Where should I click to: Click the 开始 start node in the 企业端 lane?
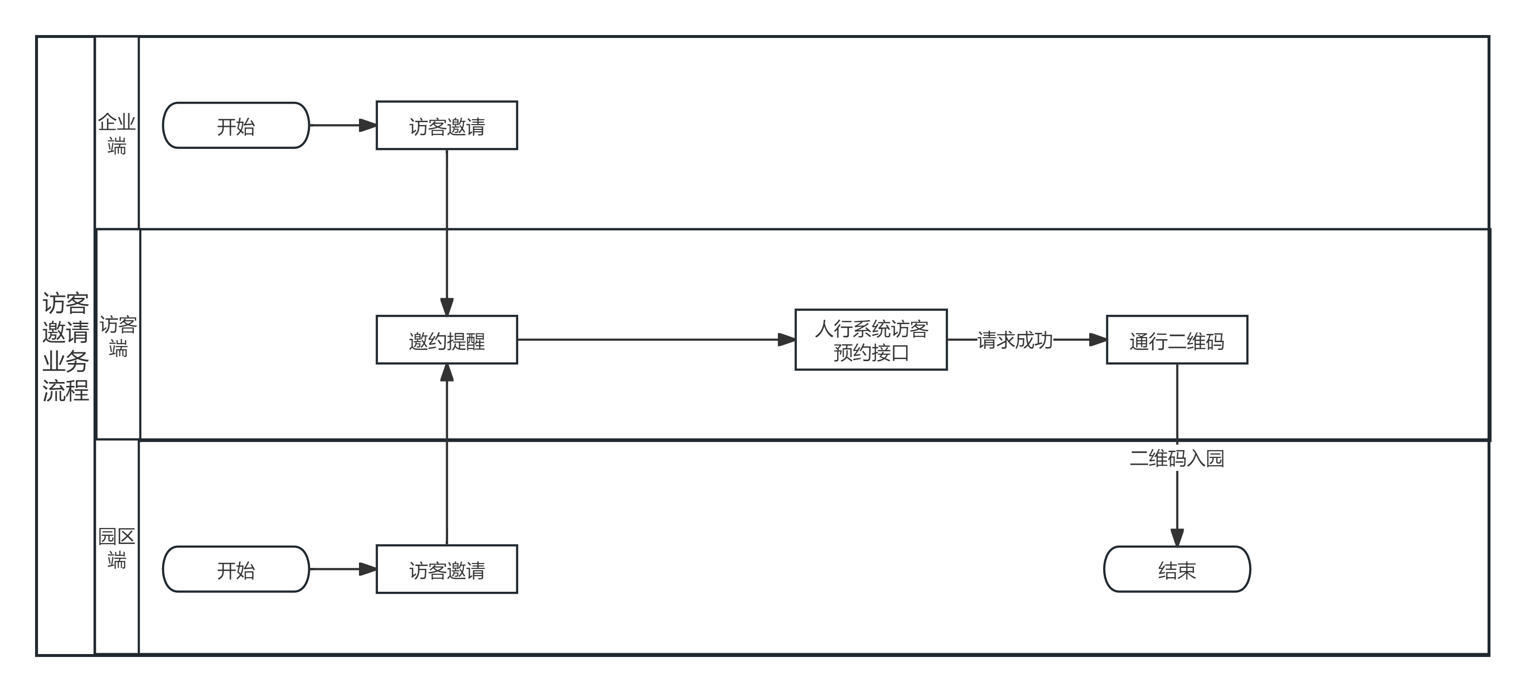click(x=236, y=126)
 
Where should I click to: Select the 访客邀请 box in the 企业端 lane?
click(x=447, y=126)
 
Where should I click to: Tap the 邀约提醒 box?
click(x=447, y=340)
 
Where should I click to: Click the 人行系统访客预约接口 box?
click(x=871, y=340)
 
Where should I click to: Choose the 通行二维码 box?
click(x=1177, y=340)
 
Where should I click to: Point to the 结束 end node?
click(x=1177, y=569)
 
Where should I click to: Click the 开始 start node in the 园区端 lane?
click(x=236, y=569)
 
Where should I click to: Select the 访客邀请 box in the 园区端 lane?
click(x=447, y=569)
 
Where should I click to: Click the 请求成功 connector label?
click(x=1015, y=340)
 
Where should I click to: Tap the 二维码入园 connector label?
click(x=1177, y=458)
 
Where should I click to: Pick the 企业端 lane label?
click(x=117, y=134)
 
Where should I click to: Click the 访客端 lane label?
click(x=118, y=336)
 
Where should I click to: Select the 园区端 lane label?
click(x=117, y=548)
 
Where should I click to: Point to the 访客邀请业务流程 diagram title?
click(x=65, y=346)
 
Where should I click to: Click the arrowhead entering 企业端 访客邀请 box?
click(x=368, y=126)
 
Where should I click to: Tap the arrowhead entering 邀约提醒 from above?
click(x=447, y=307)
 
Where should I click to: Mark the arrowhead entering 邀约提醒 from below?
click(x=447, y=373)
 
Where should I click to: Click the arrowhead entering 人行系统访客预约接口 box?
click(x=787, y=340)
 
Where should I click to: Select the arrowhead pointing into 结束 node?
click(x=1177, y=537)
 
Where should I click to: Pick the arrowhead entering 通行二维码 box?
click(x=1098, y=340)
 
